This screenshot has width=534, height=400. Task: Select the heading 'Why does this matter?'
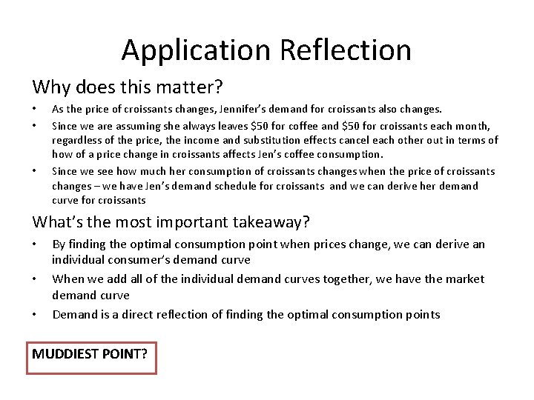tap(128, 87)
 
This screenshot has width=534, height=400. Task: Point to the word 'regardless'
tap(78, 140)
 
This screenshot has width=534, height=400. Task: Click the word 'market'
tap(460, 279)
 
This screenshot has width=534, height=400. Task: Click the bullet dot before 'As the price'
tap(35, 110)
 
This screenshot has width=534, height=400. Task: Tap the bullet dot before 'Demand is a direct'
tap(35, 316)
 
